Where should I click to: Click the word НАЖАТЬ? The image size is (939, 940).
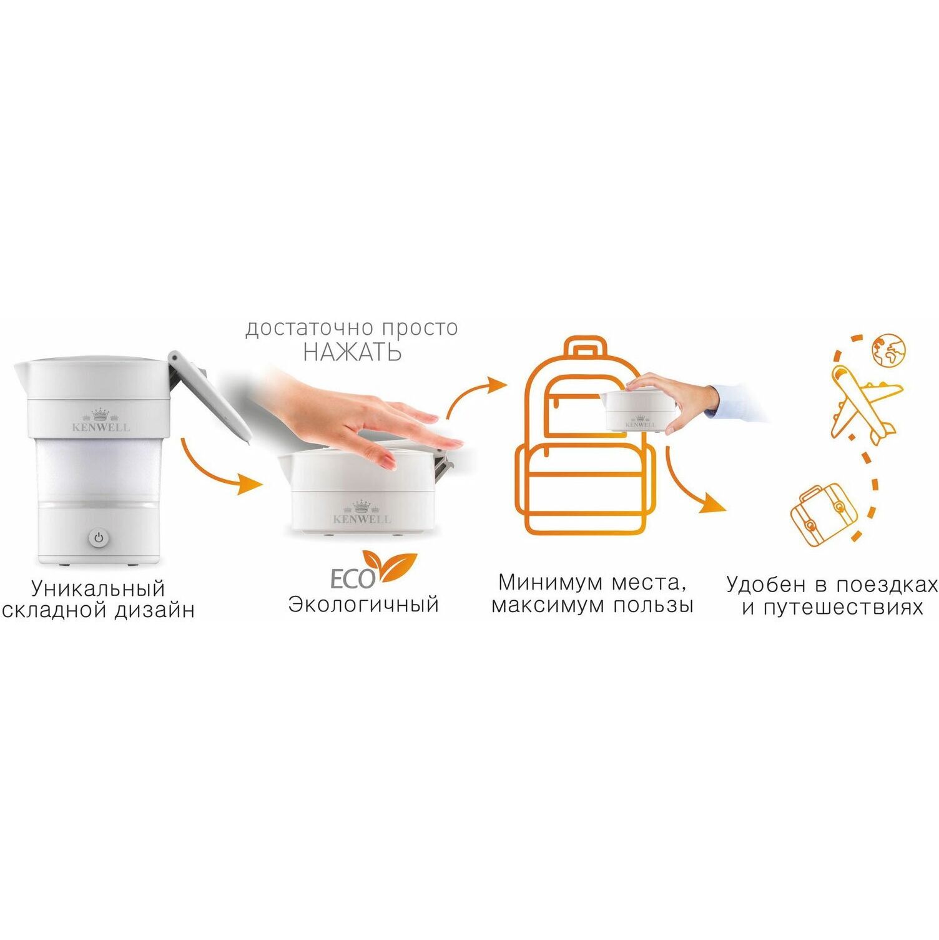tap(352, 352)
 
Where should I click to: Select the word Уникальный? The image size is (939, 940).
tap(98, 588)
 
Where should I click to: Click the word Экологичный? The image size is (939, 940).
tap(363, 605)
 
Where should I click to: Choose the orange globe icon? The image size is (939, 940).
tap(888, 349)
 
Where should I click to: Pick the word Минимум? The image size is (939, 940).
tap(541, 582)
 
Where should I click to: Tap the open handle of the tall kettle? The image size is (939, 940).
tap(210, 397)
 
